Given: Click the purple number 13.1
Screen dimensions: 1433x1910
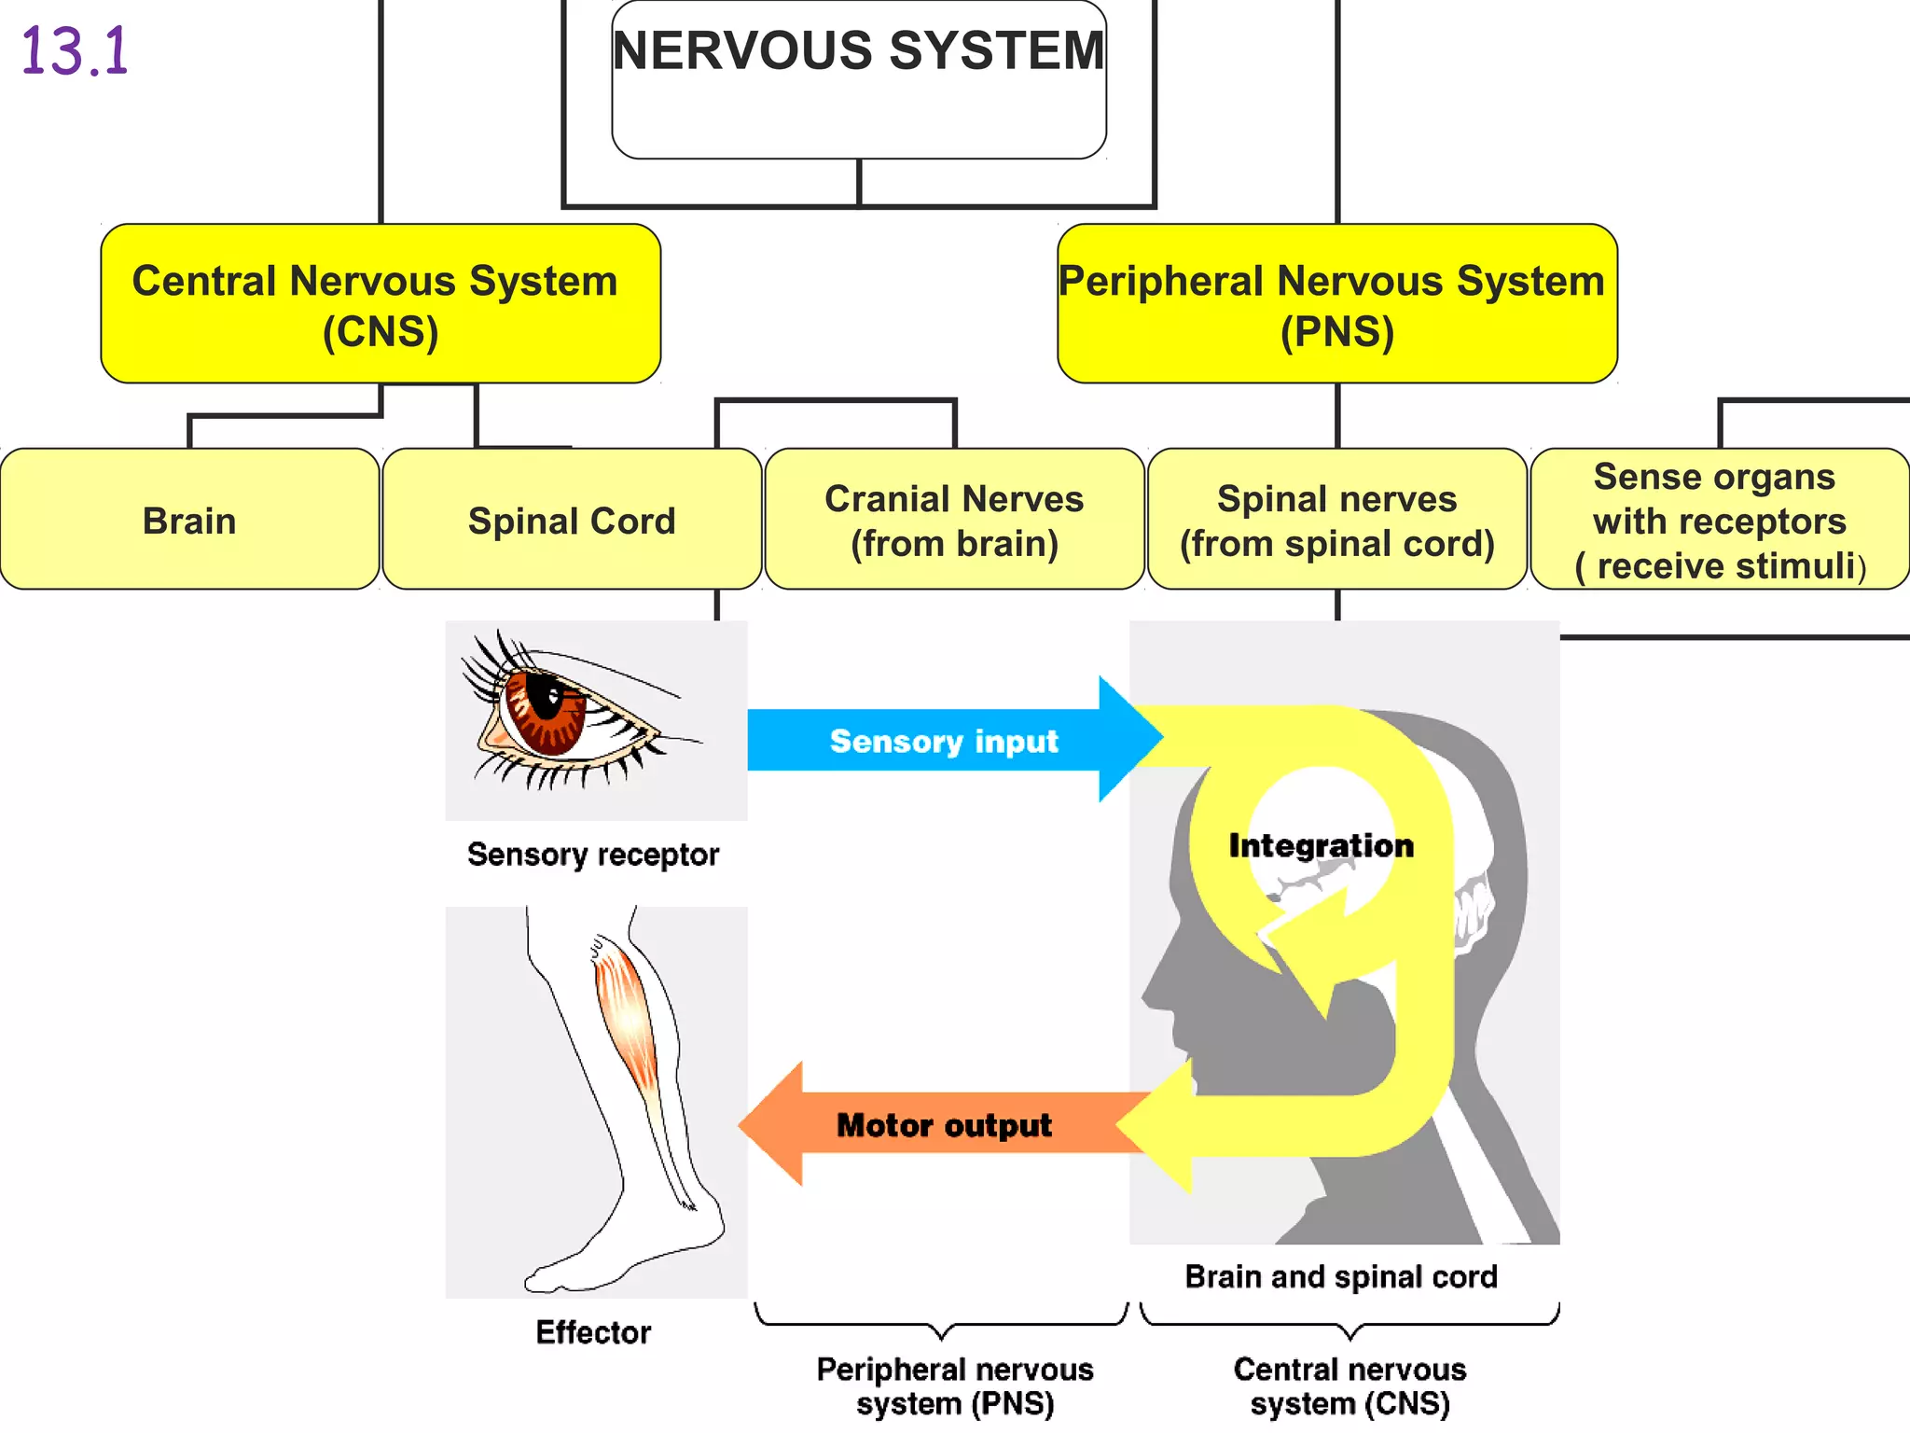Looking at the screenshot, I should point(75,51).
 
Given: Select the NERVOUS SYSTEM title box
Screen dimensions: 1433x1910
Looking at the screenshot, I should point(858,79).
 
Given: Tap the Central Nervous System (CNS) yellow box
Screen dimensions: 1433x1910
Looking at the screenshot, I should point(381,304).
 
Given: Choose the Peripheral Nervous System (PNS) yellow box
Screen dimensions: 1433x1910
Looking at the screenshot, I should point(1336,304).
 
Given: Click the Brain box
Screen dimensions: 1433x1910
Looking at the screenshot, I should point(189,520).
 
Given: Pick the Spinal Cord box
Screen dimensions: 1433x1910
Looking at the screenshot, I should point(572,520).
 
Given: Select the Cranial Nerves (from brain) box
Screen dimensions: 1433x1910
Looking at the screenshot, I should point(954,520).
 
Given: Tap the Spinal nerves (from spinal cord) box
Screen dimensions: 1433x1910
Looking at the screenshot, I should point(1336,520).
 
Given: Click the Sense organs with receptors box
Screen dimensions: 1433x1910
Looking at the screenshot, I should point(1719,520).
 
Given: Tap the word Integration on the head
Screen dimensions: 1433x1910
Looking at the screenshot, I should point(1321,845).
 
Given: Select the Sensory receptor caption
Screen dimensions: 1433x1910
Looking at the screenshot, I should point(593,855).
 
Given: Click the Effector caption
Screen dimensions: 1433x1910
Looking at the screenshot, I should point(593,1332).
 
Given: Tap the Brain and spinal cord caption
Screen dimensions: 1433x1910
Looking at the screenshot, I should point(1341,1276).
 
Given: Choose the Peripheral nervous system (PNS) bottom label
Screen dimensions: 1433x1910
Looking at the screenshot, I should point(954,1386).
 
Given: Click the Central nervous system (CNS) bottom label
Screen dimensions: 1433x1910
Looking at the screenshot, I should point(1349,1386).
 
